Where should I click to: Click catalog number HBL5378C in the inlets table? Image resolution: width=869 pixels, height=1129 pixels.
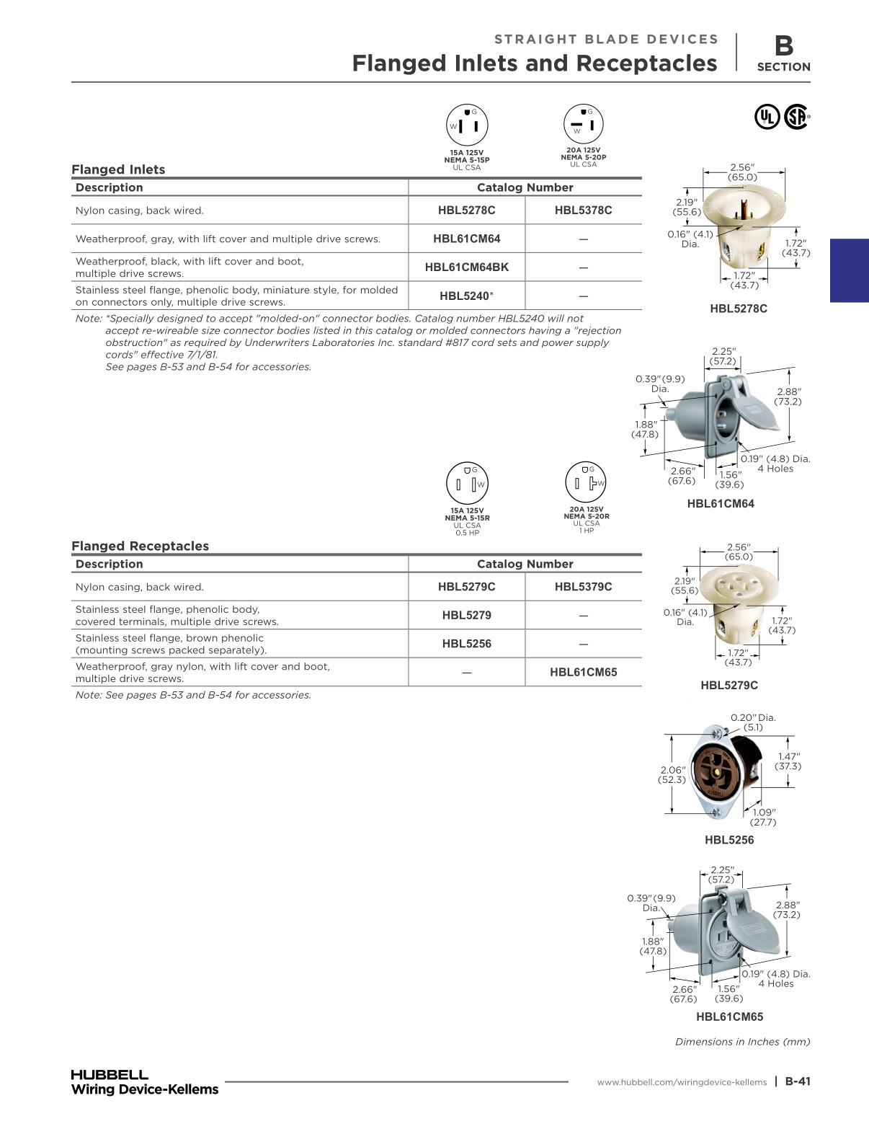click(583, 211)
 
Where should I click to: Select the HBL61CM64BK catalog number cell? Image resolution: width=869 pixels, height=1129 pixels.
click(467, 267)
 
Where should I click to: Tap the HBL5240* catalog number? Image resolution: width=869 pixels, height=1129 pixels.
click(467, 296)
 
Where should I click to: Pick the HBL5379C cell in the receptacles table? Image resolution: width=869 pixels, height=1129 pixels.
click(583, 587)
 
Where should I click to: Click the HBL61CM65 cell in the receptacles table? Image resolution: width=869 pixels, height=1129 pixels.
click(584, 673)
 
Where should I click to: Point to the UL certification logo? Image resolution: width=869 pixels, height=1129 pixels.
click(767, 117)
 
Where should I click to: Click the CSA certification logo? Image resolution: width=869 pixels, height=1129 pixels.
click(797, 117)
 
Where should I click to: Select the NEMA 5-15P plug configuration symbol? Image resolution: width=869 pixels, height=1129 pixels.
click(467, 125)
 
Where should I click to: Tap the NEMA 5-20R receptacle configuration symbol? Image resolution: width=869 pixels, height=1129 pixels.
click(586, 482)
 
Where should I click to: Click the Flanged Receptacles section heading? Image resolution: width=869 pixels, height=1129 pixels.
click(141, 546)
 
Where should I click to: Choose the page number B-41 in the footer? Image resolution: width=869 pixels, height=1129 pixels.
click(798, 1081)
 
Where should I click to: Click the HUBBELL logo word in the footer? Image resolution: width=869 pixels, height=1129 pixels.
click(110, 1074)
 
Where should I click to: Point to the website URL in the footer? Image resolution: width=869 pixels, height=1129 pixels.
click(682, 1082)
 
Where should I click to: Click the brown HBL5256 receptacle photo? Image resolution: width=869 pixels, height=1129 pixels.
click(725, 771)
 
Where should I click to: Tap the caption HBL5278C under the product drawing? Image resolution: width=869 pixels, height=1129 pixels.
click(738, 309)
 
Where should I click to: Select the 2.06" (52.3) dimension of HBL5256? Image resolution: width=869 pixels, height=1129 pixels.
click(672, 775)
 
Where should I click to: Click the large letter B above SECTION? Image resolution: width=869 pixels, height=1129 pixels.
click(784, 45)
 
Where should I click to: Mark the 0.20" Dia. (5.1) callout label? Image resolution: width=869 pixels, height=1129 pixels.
click(753, 722)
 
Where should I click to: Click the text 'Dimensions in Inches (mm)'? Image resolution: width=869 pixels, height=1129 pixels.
click(742, 1042)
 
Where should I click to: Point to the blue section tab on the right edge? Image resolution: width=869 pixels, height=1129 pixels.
click(850, 270)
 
